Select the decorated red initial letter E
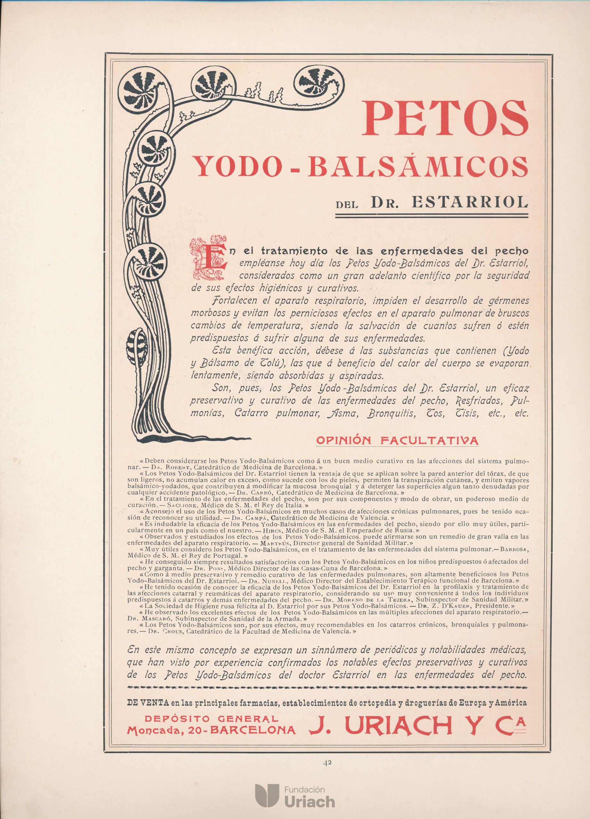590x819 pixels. coord(207,257)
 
